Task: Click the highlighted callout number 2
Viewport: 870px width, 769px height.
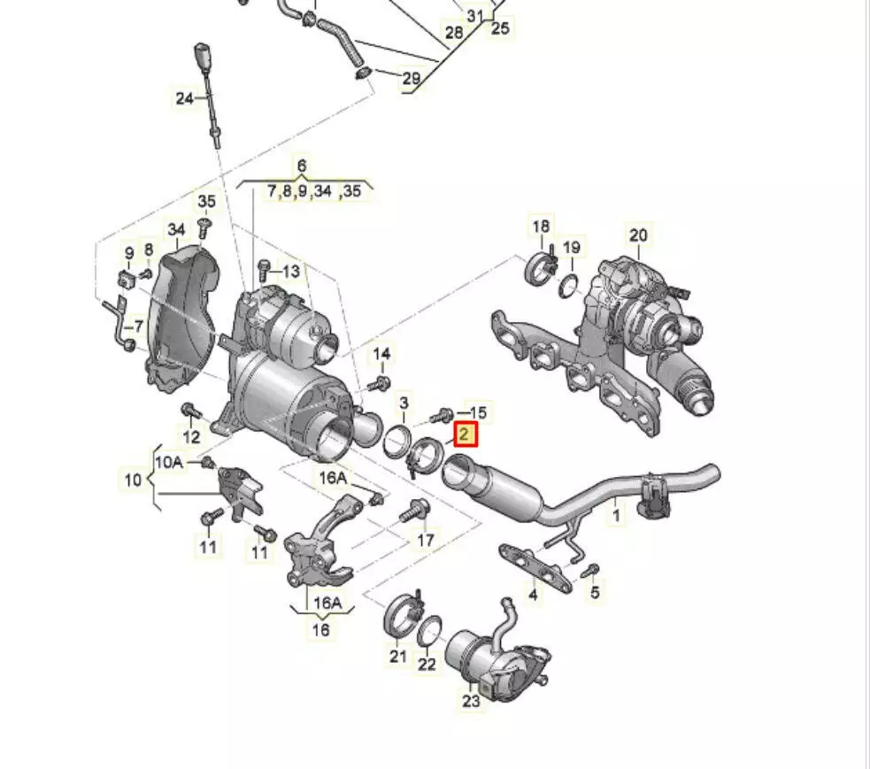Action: click(466, 434)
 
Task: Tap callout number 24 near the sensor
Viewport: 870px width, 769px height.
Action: click(184, 98)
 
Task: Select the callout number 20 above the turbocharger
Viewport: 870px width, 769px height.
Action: click(638, 235)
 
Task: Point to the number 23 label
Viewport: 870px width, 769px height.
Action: click(470, 701)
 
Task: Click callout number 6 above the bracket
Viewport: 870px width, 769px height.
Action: click(302, 165)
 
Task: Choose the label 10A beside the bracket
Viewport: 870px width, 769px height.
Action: click(168, 462)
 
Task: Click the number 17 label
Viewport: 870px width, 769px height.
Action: click(426, 540)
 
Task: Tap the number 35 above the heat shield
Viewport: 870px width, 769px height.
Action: click(206, 202)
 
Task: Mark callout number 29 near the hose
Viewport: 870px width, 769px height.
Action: click(411, 79)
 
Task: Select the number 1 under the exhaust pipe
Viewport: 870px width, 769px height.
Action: click(616, 512)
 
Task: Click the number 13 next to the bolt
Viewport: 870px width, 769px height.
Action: click(291, 271)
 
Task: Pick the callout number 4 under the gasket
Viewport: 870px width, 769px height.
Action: click(533, 595)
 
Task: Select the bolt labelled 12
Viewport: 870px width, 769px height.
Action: click(189, 410)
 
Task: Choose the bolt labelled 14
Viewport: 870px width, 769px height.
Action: click(382, 383)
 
